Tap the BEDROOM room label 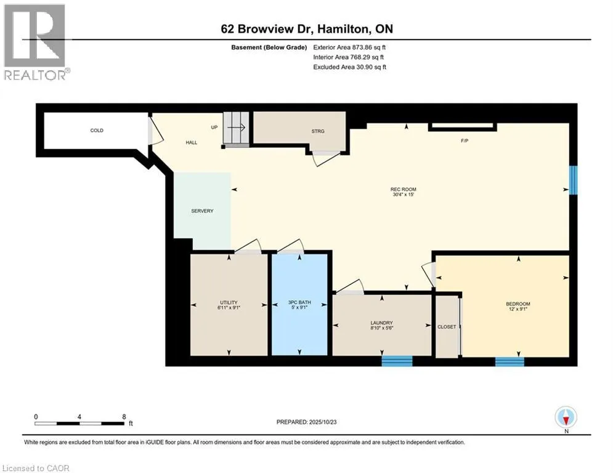518,304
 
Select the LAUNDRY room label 381,323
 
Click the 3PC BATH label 300,302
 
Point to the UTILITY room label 229,302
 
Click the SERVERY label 201,211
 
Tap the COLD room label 97,131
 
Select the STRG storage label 318,131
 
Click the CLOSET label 447,327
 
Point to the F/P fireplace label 465,140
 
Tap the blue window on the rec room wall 573,180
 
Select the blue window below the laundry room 397,361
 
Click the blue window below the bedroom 509,361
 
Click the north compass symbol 566,418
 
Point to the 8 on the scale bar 124,417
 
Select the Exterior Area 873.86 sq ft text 350,47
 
